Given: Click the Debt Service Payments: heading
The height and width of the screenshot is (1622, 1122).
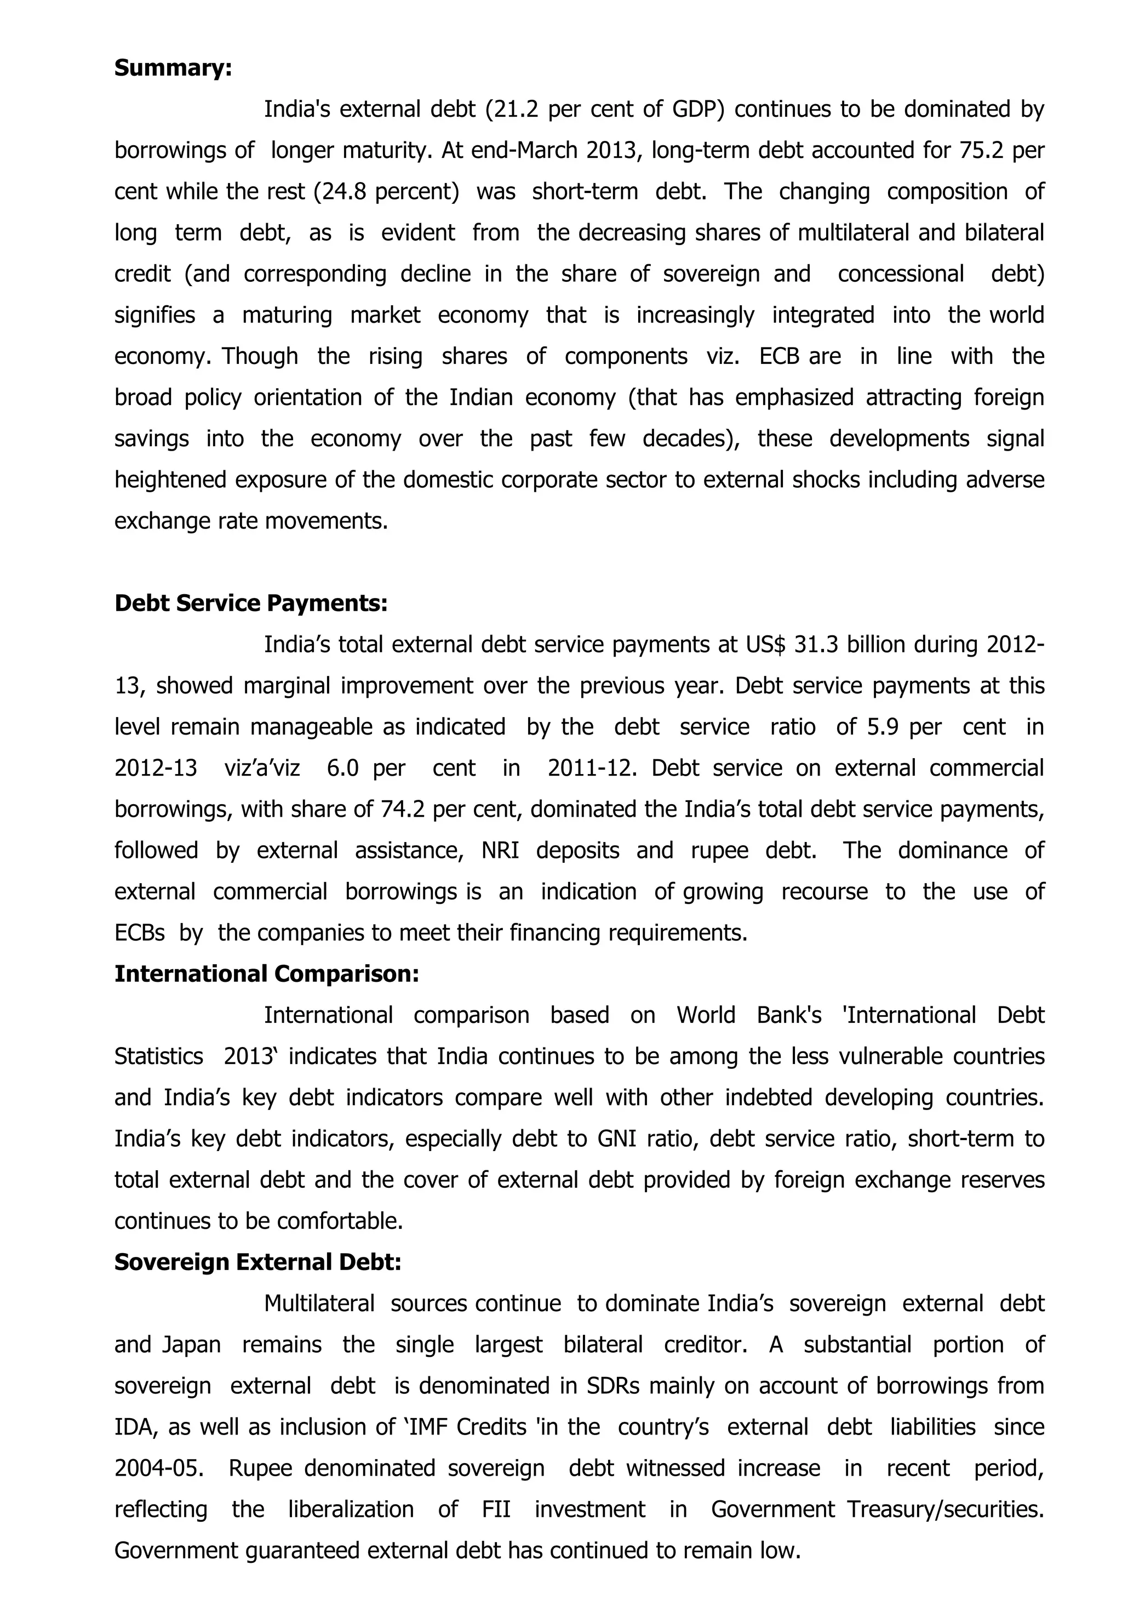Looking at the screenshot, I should tap(251, 603).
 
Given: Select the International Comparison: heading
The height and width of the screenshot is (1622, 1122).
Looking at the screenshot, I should tap(266, 974).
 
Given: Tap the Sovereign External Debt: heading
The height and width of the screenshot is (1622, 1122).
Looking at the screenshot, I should tap(257, 1262).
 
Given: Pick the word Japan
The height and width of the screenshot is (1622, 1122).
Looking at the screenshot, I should tap(191, 1345).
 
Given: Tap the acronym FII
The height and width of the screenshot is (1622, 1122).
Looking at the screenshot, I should tap(496, 1510).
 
